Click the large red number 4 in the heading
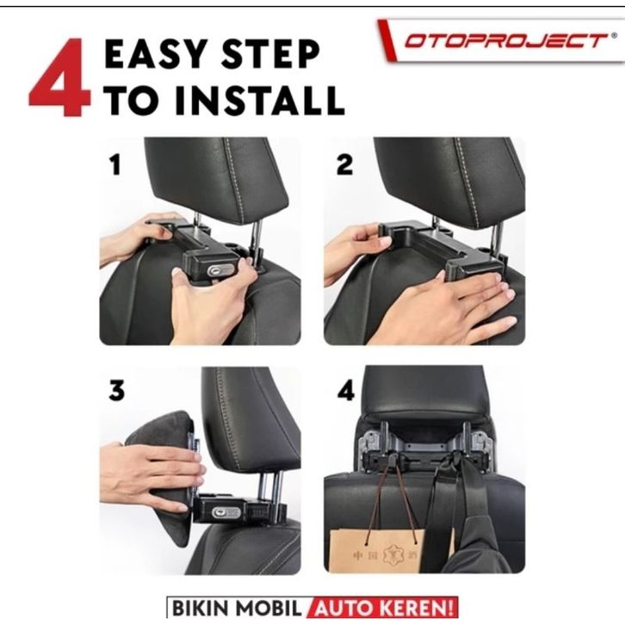pos(59,77)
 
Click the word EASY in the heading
pos(157,54)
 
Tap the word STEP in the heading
pos(270,54)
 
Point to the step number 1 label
pos(115,164)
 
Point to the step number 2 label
pos(345,164)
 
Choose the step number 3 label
pos(116,390)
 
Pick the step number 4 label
pos(345,390)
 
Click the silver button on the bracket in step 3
pos(226,512)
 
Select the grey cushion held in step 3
pos(164,479)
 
